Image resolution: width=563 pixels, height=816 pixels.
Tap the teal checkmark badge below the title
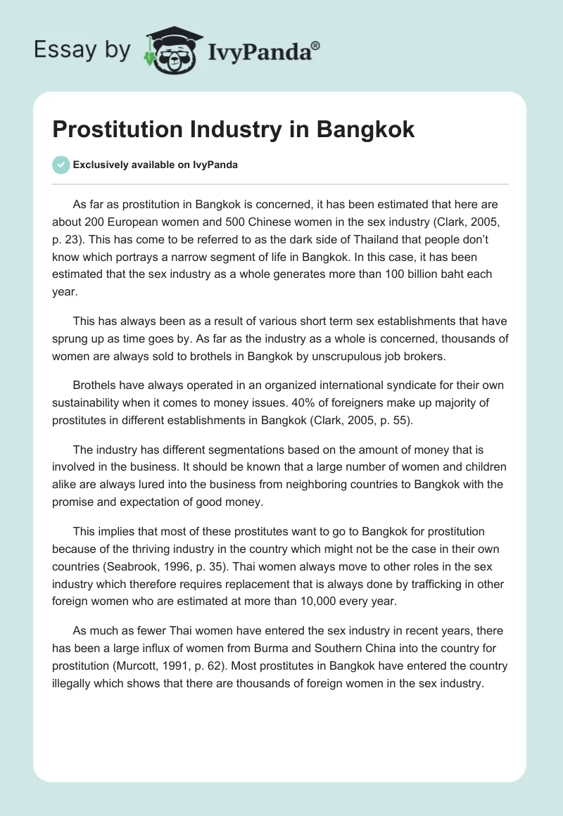(61, 165)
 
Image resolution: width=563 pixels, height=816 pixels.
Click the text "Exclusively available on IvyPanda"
(156, 165)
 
